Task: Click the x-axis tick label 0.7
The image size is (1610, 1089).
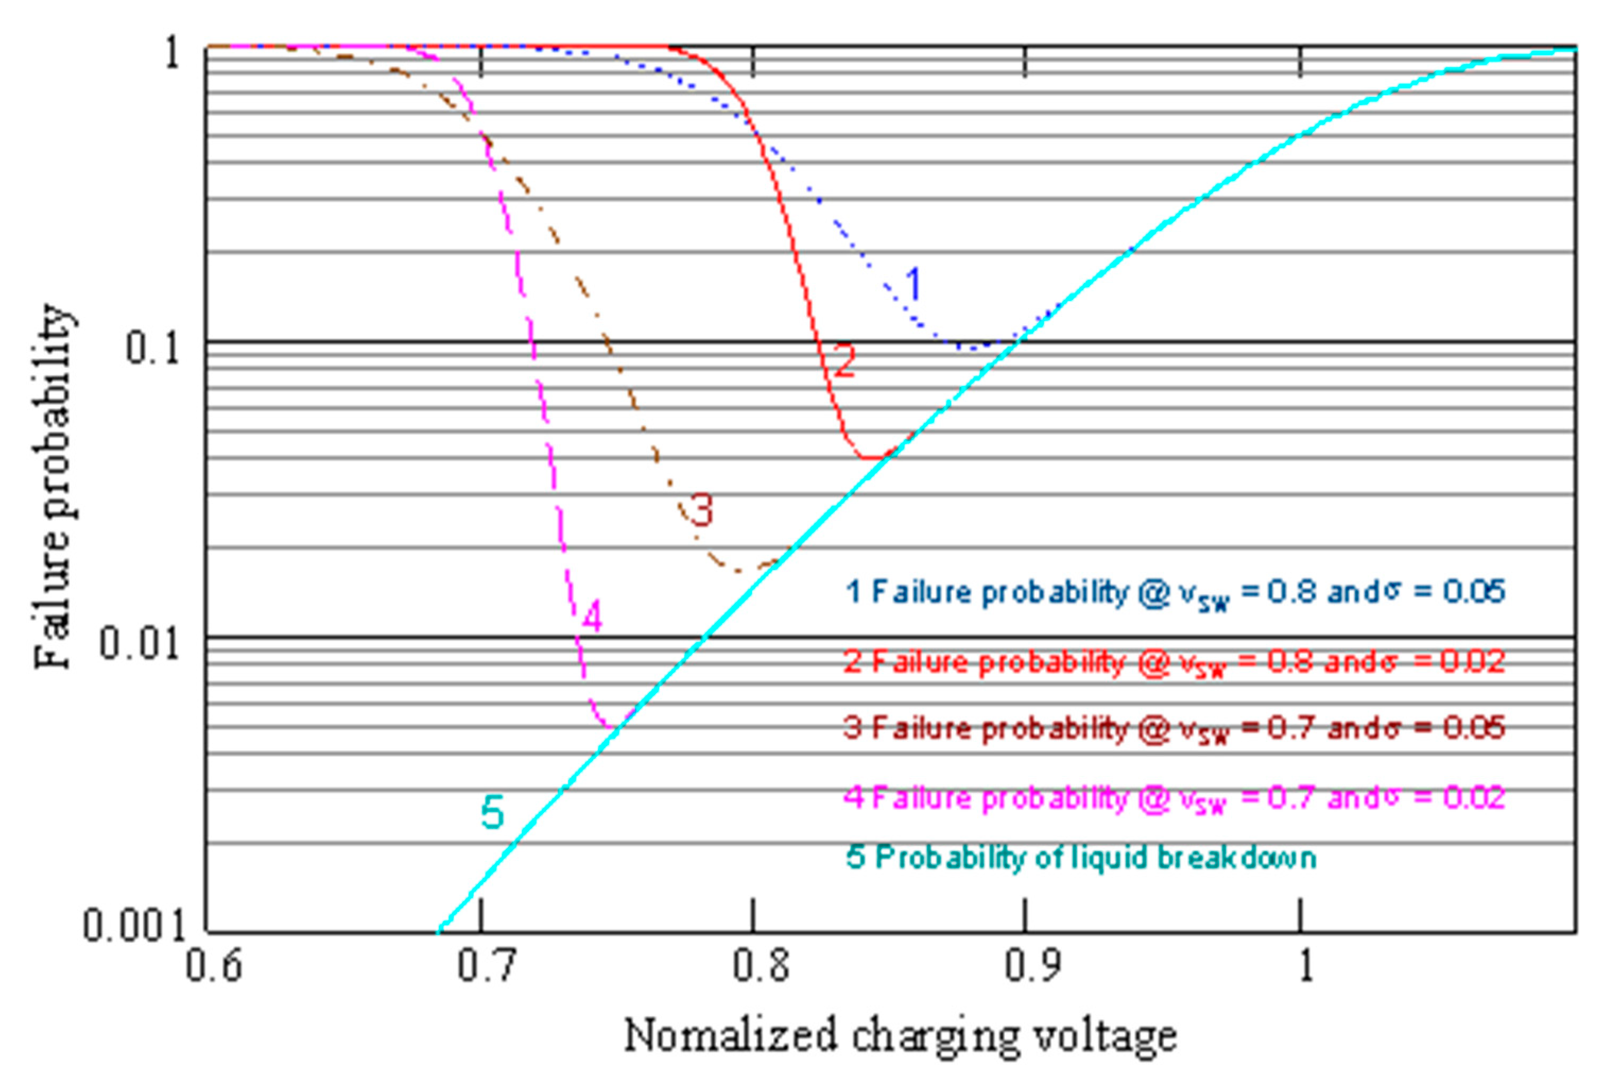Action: (486, 966)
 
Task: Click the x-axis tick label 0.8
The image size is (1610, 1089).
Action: (760, 966)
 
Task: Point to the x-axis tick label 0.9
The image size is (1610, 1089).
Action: (1032, 966)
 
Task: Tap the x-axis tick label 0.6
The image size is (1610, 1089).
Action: (213, 966)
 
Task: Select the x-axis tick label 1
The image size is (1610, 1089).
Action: (1305, 966)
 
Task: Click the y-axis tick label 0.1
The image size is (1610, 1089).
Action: (152, 347)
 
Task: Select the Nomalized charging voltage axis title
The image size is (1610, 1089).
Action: (900, 1036)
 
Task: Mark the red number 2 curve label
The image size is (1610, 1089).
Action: (843, 361)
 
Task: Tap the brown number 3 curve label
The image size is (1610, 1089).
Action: (701, 510)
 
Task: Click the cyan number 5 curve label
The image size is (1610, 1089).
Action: (492, 813)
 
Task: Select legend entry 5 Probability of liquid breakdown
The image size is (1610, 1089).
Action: (1081, 858)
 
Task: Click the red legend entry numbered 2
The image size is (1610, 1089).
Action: (1174, 662)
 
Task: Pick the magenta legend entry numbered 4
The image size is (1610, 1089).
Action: (1174, 798)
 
